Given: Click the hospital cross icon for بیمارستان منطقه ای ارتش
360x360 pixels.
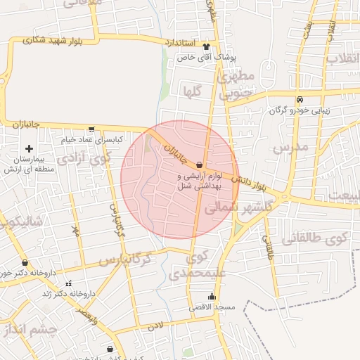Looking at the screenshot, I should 29,148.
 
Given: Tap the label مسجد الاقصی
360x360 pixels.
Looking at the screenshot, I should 211,307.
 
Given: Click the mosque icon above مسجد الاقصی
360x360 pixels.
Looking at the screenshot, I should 212,296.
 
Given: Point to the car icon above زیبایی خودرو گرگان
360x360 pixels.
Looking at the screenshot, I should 300,99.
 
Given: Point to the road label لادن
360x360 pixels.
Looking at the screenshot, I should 155,327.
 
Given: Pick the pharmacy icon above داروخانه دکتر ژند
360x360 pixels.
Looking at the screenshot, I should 68,283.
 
